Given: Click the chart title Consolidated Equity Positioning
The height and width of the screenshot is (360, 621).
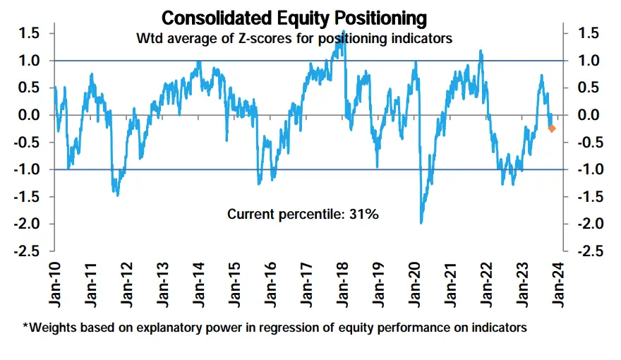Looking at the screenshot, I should [294, 17].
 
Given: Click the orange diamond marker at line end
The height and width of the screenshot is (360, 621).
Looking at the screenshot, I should [552, 128].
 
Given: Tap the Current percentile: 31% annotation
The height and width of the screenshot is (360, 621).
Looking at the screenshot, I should [303, 214].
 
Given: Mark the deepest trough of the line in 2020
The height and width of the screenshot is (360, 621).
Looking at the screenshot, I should [421, 223].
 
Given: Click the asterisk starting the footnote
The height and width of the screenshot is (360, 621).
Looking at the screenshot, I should [25, 326].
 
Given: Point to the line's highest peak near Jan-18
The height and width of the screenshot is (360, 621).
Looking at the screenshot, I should [344, 32].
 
